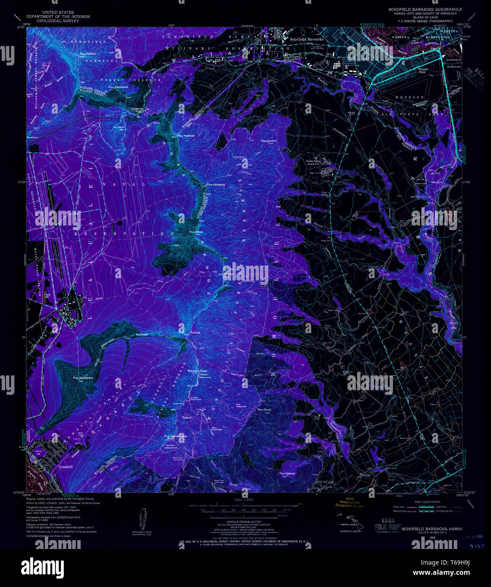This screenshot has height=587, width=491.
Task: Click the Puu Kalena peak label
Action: (88, 54)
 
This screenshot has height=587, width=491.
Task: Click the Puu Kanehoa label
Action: (215, 185)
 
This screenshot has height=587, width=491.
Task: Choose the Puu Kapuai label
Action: (288, 473)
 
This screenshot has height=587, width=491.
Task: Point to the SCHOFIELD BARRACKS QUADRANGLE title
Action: (425, 9)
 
